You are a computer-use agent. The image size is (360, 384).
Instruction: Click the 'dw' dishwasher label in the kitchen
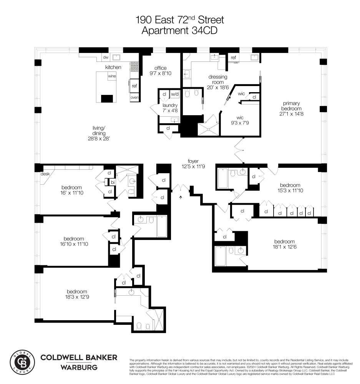point(105,58)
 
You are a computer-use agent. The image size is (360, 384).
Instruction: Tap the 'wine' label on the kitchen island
point(112,76)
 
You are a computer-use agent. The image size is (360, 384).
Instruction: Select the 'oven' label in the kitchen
point(134,98)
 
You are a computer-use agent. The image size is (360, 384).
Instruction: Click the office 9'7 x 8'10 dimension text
point(160,71)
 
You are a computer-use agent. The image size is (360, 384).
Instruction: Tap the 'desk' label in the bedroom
point(45,174)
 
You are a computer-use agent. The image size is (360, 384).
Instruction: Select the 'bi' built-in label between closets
point(113,182)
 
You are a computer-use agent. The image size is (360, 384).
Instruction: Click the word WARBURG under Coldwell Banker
point(79,367)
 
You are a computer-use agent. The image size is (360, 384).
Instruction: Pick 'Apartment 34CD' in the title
point(179,31)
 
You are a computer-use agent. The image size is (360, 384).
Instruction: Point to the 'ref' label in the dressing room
point(233,58)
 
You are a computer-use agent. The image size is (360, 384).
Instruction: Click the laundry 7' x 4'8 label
point(170,108)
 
